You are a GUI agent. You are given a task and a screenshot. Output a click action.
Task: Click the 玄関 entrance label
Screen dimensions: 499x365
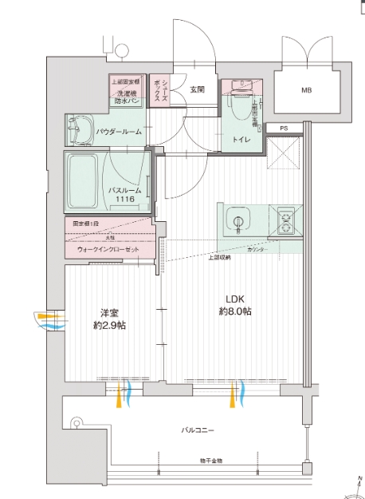197,89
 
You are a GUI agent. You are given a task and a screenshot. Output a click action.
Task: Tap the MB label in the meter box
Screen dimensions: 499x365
307,91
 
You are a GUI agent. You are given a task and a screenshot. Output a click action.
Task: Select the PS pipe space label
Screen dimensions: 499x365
284,127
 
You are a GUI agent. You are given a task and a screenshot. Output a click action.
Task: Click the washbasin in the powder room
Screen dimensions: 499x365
80,127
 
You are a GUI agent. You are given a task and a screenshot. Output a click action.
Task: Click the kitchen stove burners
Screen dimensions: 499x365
285,220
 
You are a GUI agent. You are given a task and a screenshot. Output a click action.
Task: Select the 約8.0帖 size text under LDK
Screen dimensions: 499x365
237,311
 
